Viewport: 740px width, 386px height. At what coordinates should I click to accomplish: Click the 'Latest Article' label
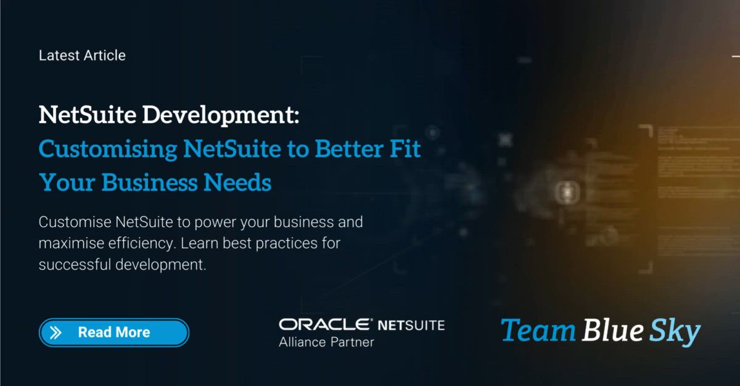82,55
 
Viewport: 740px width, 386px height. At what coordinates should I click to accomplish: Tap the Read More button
114,332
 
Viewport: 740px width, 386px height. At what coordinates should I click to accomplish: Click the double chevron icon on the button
55,333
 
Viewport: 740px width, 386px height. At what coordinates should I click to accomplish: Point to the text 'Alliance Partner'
326,342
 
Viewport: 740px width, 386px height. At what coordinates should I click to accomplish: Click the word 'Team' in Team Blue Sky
537,331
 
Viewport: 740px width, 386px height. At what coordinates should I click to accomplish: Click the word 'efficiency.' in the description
142,243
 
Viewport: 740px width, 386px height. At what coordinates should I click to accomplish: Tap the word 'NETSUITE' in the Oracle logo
411,324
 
